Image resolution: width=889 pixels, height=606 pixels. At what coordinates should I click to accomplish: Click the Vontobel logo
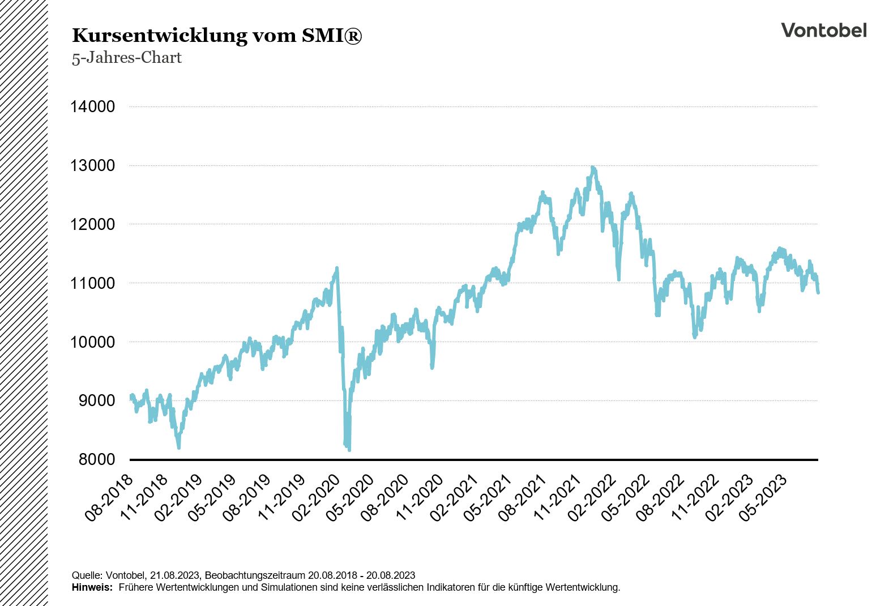point(823,30)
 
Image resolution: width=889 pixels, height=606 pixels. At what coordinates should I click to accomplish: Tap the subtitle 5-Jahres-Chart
point(126,58)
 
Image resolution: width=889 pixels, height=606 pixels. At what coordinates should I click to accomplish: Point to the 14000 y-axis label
point(92,106)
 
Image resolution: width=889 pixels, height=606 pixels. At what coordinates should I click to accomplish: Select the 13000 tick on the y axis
point(92,165)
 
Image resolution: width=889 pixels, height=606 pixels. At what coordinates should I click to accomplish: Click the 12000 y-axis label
point(92,224)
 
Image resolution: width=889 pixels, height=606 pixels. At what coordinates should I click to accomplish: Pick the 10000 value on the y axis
point(92,342)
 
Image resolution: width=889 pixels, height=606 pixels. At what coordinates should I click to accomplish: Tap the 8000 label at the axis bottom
point(96,459)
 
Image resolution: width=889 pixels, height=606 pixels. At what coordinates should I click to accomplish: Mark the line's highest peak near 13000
point(592,168)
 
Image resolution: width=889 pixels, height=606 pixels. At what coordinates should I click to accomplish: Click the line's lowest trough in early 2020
point(349,450)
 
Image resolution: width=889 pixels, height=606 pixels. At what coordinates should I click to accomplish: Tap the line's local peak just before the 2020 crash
point(337,268)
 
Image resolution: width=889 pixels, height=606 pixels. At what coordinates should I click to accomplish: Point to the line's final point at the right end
point(818,292)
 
